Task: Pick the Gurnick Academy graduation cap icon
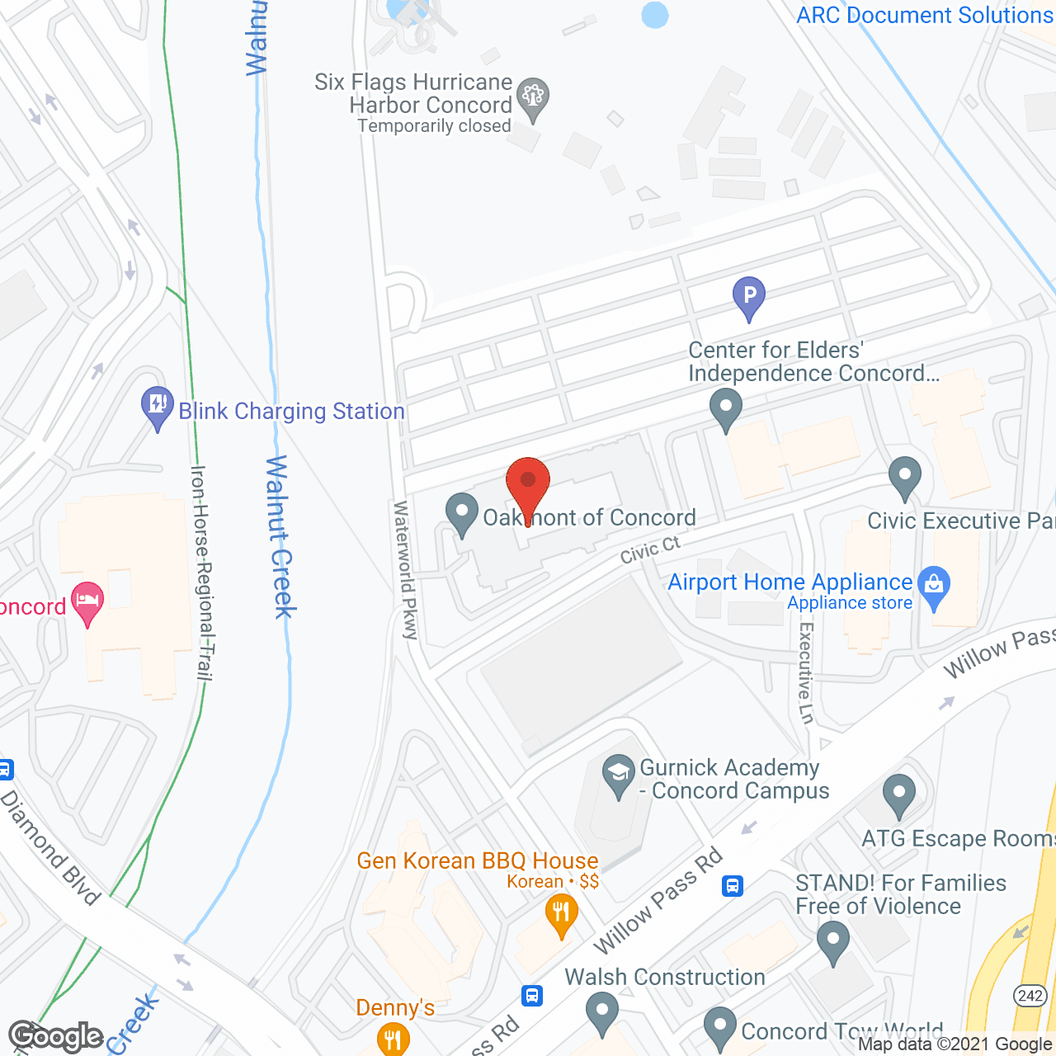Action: click(x=618, y=775)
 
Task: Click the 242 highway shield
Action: click(x=1030, y=996)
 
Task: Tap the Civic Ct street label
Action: click(x=650, y=549)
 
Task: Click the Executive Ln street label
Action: click(x=806, y=672)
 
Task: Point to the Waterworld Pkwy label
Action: click(x=406, y=570)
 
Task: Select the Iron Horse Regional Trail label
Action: click(x=201, y=573)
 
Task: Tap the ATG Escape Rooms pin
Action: click(x=898, y=796)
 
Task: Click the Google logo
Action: click(x=56, y=1036)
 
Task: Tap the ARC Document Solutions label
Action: click(x=925, y=15)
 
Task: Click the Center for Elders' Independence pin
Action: click(x=726, y=408)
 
